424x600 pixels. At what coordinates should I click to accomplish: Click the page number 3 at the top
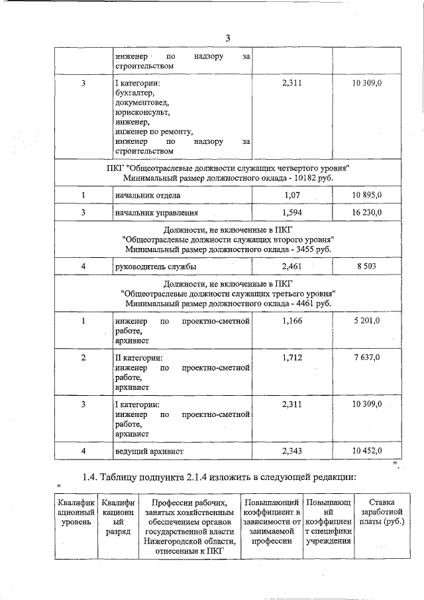[227, 38]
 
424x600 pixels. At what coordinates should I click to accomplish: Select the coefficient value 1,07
[292, 196]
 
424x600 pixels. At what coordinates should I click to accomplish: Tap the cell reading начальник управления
[156, 213]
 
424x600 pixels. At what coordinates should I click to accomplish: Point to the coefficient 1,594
[292, 213]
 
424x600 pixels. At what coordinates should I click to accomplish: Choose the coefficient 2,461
[292, 266]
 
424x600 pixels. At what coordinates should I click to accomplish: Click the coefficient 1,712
[292, 358]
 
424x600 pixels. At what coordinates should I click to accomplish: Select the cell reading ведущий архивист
[149, 451]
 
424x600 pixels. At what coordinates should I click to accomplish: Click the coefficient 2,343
[292, 451]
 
